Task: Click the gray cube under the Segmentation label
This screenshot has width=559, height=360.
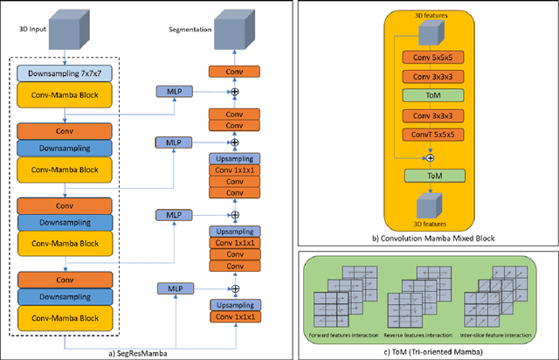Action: pos(233,32)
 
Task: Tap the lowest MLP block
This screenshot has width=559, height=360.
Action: pos(169,287)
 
